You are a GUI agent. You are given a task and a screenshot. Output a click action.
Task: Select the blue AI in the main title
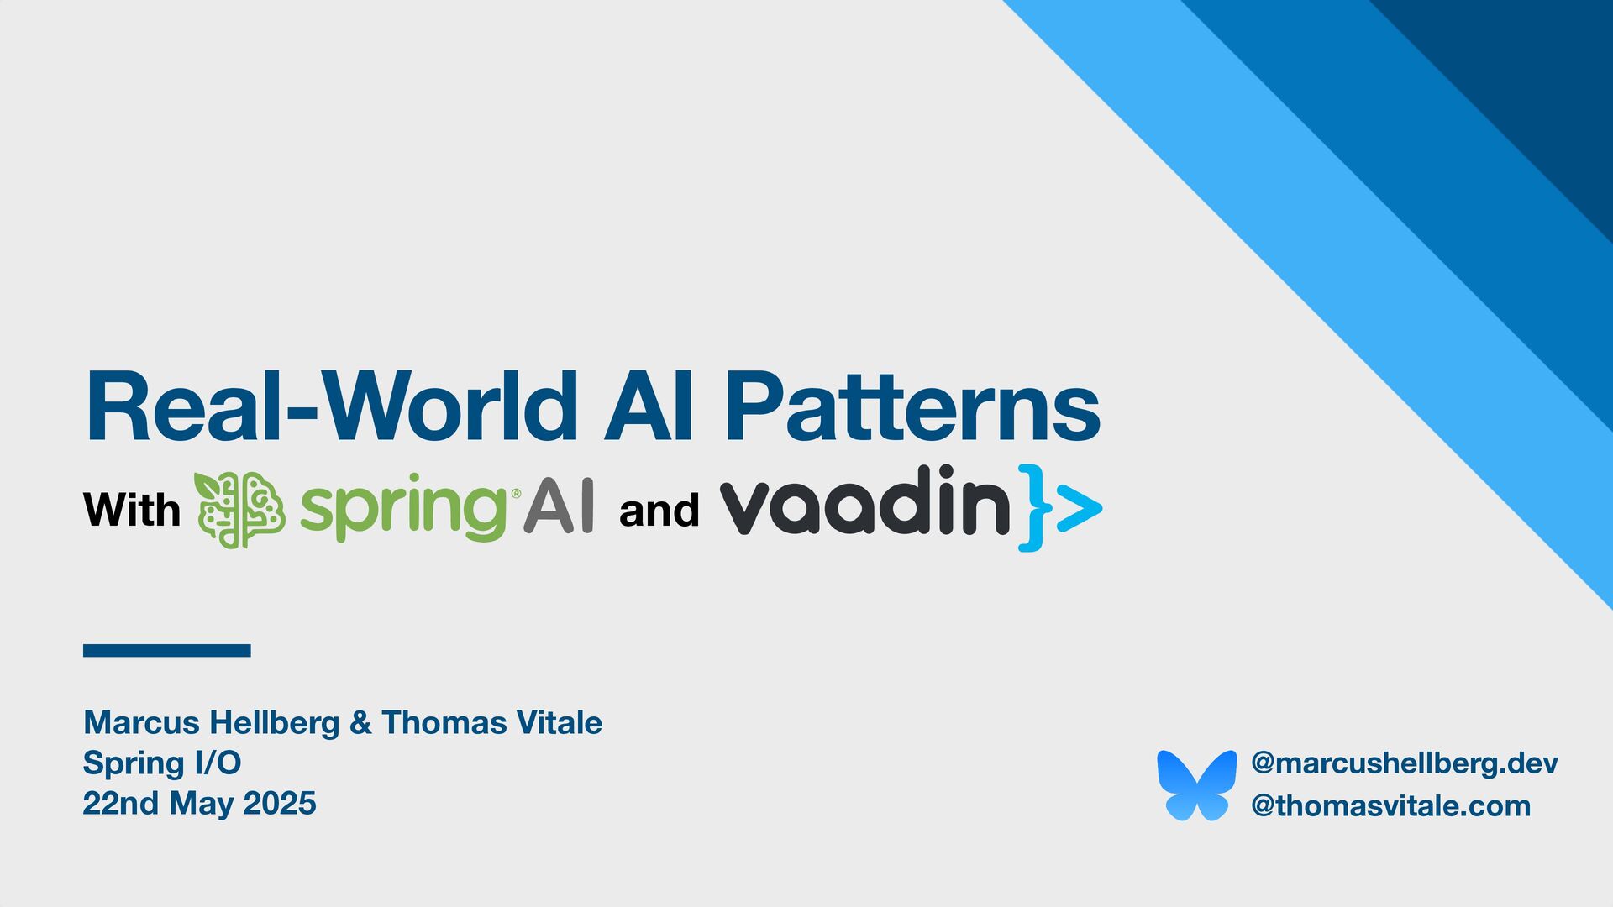tap(649, 407)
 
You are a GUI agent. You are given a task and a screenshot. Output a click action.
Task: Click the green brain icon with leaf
tap(239, 510)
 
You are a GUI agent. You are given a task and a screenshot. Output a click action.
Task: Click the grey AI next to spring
tap(559, 506)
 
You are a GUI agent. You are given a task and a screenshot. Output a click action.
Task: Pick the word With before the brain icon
tap(132, 510)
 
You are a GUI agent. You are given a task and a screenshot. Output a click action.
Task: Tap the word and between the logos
tap(659, 510)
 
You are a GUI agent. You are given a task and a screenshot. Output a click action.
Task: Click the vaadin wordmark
tap(865, 504)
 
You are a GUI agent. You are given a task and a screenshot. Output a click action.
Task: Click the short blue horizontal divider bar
tap(166, 650)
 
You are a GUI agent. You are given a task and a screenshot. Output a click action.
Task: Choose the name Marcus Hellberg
tap(212, 722)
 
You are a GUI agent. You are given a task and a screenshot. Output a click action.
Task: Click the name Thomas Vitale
tap(491, 722)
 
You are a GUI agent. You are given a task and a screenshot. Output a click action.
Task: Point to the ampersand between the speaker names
tap(360, 722)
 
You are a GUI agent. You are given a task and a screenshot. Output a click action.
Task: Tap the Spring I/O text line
tap(162, 763)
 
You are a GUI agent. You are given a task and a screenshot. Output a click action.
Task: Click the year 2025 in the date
tap(280, 803)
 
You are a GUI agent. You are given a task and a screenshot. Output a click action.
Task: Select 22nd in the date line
tap(121, 803)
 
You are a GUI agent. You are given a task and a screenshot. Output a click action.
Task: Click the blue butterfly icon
tap(1196, 784)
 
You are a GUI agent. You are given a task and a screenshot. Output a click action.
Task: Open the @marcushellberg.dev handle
tap(1404, 763)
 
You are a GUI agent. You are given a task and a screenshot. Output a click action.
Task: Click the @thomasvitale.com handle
tap(1390, 805)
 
